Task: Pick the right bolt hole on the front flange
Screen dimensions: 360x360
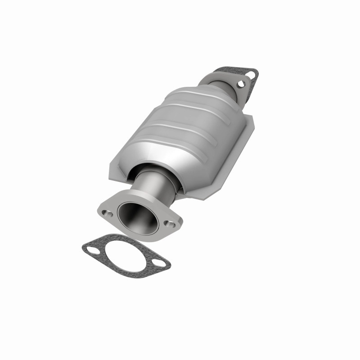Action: click(x=169, y=223)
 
